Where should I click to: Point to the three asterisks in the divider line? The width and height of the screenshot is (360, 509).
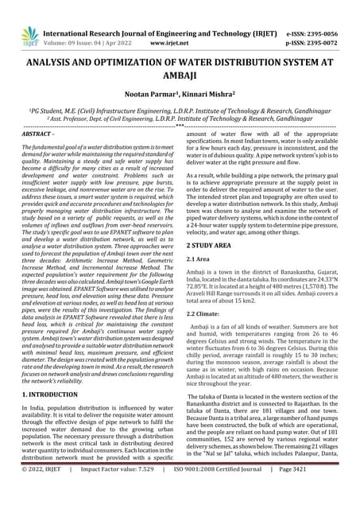[180, 126]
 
